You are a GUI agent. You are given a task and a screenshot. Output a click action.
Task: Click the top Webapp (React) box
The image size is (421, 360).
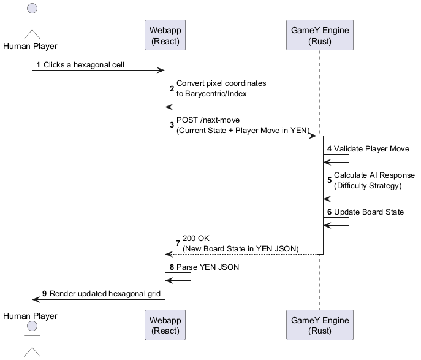pyautogui.click(x=165, y=35)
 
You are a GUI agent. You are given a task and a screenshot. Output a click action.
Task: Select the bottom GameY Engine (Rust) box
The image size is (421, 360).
pyautogui.click(x=319, y=325)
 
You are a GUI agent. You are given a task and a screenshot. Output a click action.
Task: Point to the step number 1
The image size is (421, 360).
pyautogui.click(x=39, y=64)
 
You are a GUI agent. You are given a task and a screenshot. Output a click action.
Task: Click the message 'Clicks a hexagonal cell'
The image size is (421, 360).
pyautogui.click(x=84, y=64)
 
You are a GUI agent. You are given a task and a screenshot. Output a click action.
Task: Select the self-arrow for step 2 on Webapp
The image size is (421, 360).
pyautogui.click(x=181, y=103)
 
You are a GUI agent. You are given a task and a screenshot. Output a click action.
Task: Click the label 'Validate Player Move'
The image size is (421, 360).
pyautogui.click(x=371, y=149)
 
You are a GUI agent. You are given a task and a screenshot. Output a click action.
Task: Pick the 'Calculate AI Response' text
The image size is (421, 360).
pyautogui.click(x=374, y=175)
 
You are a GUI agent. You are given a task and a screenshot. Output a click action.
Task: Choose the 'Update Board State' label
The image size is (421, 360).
pyautogui.click(x=368, y=212)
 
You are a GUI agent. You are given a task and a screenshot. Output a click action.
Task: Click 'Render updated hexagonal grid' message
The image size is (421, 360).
pyautogui.click(x=105, y=293)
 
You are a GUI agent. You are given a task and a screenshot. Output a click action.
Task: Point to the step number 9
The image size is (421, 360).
pyautogui.click(x=45, y=293)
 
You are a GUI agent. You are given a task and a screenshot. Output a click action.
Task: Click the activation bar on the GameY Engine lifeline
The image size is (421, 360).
pyautogui.click(x=319, y=195)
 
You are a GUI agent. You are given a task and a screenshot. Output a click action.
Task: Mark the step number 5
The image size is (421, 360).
pyautogui.click(x=329, y=180)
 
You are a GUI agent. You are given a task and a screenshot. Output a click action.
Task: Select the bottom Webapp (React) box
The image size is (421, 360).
pyautogui.click(x=165, y=325)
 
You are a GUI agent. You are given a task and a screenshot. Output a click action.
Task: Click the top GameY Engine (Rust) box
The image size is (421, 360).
pyautogui.click(x=319, y=35)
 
